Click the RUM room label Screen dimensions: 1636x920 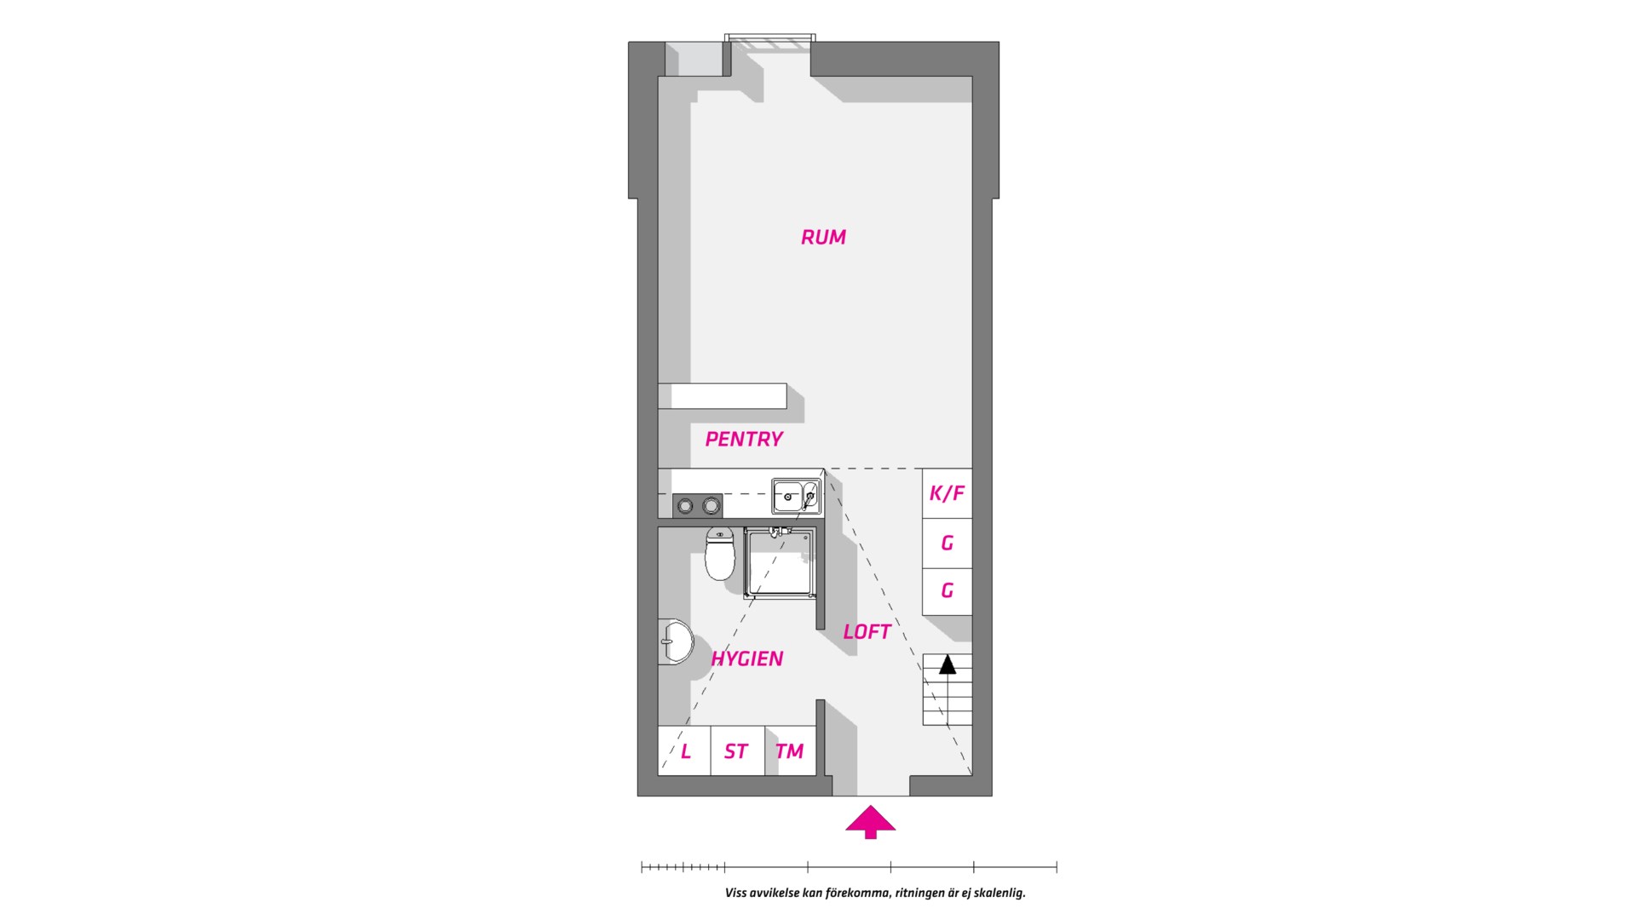[x=823, y=237]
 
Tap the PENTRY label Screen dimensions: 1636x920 [x=744, y=440]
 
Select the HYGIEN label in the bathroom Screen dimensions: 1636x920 [x=747, y=658]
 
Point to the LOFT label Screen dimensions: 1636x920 [x=867, y=632]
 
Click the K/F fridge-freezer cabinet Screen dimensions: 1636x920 [x=948, y=493]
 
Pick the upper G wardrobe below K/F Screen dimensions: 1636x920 [x=948, y=543]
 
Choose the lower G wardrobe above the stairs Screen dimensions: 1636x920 [x=948, y=591]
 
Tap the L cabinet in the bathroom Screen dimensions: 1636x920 [x=684, y=750]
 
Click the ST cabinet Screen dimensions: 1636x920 [x=736, y=750]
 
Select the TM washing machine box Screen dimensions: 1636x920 [x=790, y=750]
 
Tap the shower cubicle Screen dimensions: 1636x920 [x=780, y=562]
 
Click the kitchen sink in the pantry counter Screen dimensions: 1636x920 [x=796, y=496]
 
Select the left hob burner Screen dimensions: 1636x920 [x=684, y=507]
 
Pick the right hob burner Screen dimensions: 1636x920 [x=710, y=507]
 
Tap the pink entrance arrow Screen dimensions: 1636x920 [x=870, y=823]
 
